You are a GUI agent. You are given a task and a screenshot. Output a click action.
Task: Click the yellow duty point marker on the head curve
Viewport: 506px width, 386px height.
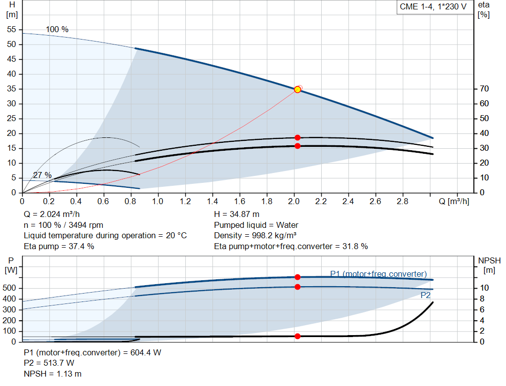coord(297,89)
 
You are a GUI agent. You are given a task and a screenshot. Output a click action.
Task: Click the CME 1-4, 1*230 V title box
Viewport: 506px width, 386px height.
coord(433,7)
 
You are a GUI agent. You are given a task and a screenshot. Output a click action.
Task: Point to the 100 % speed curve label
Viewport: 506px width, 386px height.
coord(57,29)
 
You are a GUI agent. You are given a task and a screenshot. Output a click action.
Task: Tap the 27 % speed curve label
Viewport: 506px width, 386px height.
coord(42,175)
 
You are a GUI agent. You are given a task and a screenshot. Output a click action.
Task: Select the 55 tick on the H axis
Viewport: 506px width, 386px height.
coord(12,30)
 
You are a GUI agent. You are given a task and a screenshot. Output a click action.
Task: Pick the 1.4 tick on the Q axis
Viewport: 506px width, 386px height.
coord(212,202)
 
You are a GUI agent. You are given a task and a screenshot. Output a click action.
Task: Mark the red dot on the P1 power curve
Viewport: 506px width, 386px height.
coord(297,277)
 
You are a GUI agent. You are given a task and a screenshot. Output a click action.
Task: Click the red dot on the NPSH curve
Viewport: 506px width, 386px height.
coord(297,336)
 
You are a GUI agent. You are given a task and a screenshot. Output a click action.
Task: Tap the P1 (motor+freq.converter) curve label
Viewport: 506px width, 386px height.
coord(378,274)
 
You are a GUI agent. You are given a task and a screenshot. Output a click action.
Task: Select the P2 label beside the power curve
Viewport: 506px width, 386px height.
coord(425,295)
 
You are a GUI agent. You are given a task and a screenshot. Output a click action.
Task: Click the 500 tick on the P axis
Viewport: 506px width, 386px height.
coord(10,288)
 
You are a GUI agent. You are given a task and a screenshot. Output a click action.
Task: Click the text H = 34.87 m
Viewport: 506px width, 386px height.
coord(237,214)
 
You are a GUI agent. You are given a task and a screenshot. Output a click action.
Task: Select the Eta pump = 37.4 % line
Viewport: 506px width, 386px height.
coord(59,246)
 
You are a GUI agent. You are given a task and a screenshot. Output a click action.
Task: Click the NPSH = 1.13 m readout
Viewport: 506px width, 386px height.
coord(53,374)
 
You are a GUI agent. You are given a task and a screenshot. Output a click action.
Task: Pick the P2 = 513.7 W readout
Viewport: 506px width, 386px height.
coord(49,363)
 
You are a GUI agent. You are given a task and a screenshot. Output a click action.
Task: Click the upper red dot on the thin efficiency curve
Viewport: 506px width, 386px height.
coord(297,137)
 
